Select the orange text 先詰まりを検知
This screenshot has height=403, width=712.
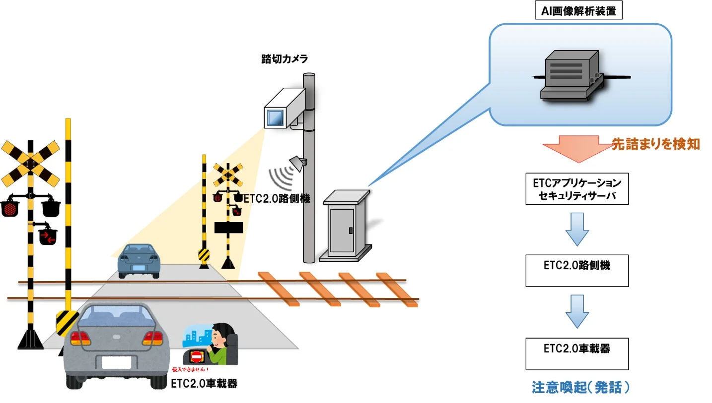655,144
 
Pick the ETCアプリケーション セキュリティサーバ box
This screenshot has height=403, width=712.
577,189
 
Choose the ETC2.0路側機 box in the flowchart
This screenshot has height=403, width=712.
577,271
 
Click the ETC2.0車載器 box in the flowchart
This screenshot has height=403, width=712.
577,353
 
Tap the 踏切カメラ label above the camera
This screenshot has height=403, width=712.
285,59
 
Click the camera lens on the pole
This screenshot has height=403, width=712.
274,118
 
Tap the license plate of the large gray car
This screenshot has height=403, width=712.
116,362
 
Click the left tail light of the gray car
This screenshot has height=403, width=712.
80,339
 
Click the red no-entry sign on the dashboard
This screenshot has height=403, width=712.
197,356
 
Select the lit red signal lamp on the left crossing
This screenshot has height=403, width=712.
9,209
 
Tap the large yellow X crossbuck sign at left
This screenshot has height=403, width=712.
30,163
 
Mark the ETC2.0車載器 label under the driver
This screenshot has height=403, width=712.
204,384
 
